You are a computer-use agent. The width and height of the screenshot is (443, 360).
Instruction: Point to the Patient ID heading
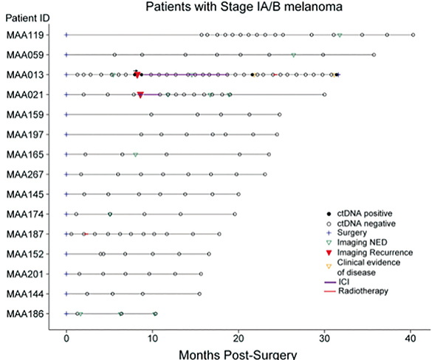point(27,19)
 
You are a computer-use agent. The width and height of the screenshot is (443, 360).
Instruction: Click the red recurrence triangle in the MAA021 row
point(140,94)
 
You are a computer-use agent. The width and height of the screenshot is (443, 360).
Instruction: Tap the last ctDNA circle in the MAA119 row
point(413,35)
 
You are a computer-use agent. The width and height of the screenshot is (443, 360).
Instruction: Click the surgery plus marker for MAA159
point(66,114)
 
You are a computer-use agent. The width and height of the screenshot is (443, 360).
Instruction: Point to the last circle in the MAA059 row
point(374,55)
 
